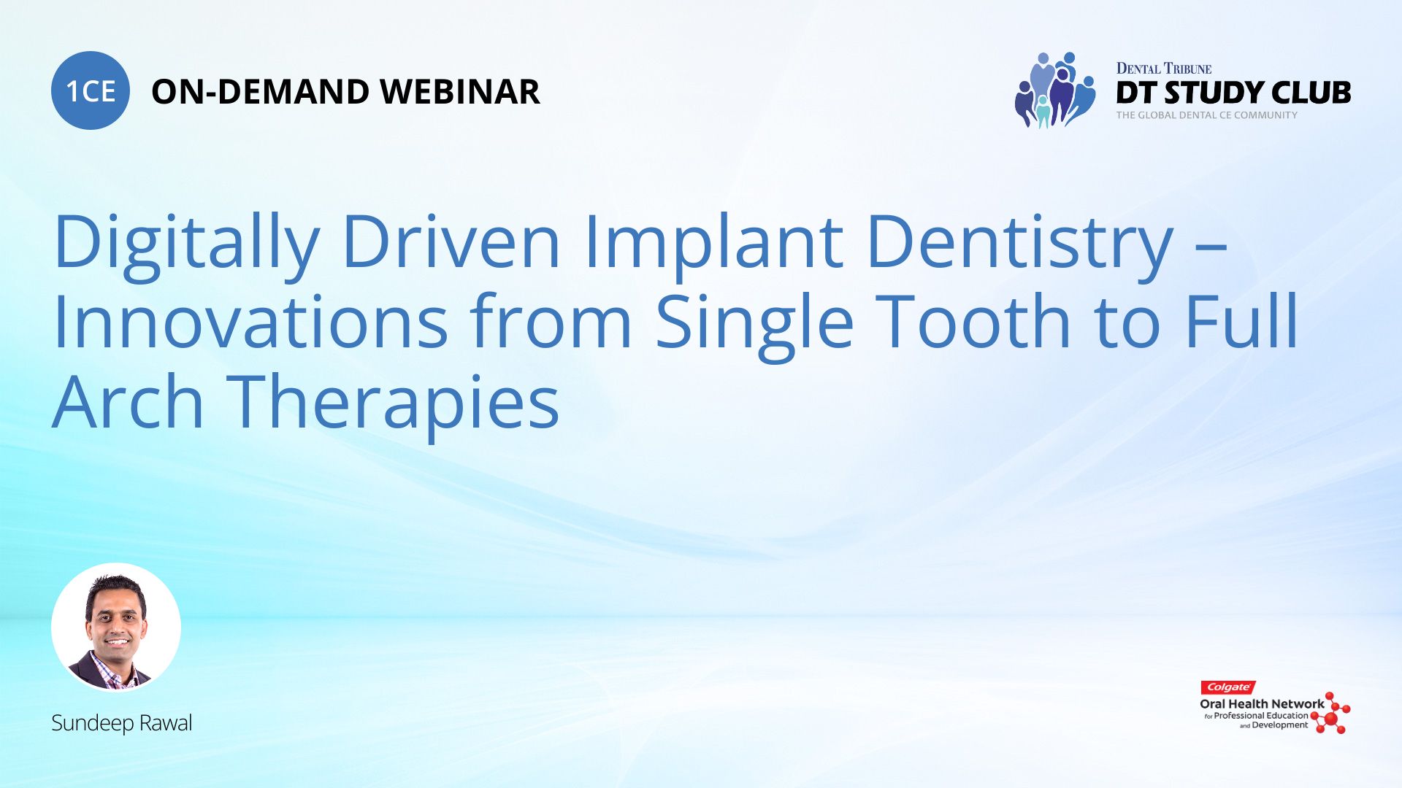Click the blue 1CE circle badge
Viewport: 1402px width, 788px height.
(x=91, y=90)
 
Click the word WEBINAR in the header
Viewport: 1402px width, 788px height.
(x=460, y=92)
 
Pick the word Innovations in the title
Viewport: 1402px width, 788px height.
(x=250, y=321)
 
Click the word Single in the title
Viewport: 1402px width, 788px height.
(x=754, y=325)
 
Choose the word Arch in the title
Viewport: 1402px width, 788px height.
(x=128, y=401)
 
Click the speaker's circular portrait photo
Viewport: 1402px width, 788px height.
(x=116, y=627)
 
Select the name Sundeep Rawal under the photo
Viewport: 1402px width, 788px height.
(x=121, y=723)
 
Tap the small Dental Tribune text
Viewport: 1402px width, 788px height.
(x=1163, y=69)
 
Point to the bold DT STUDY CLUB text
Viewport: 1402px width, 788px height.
(x=1233, y=93)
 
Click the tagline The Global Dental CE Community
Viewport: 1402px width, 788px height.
(x=1206, y=115)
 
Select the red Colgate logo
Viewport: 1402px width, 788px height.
(x=1228, y=687)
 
